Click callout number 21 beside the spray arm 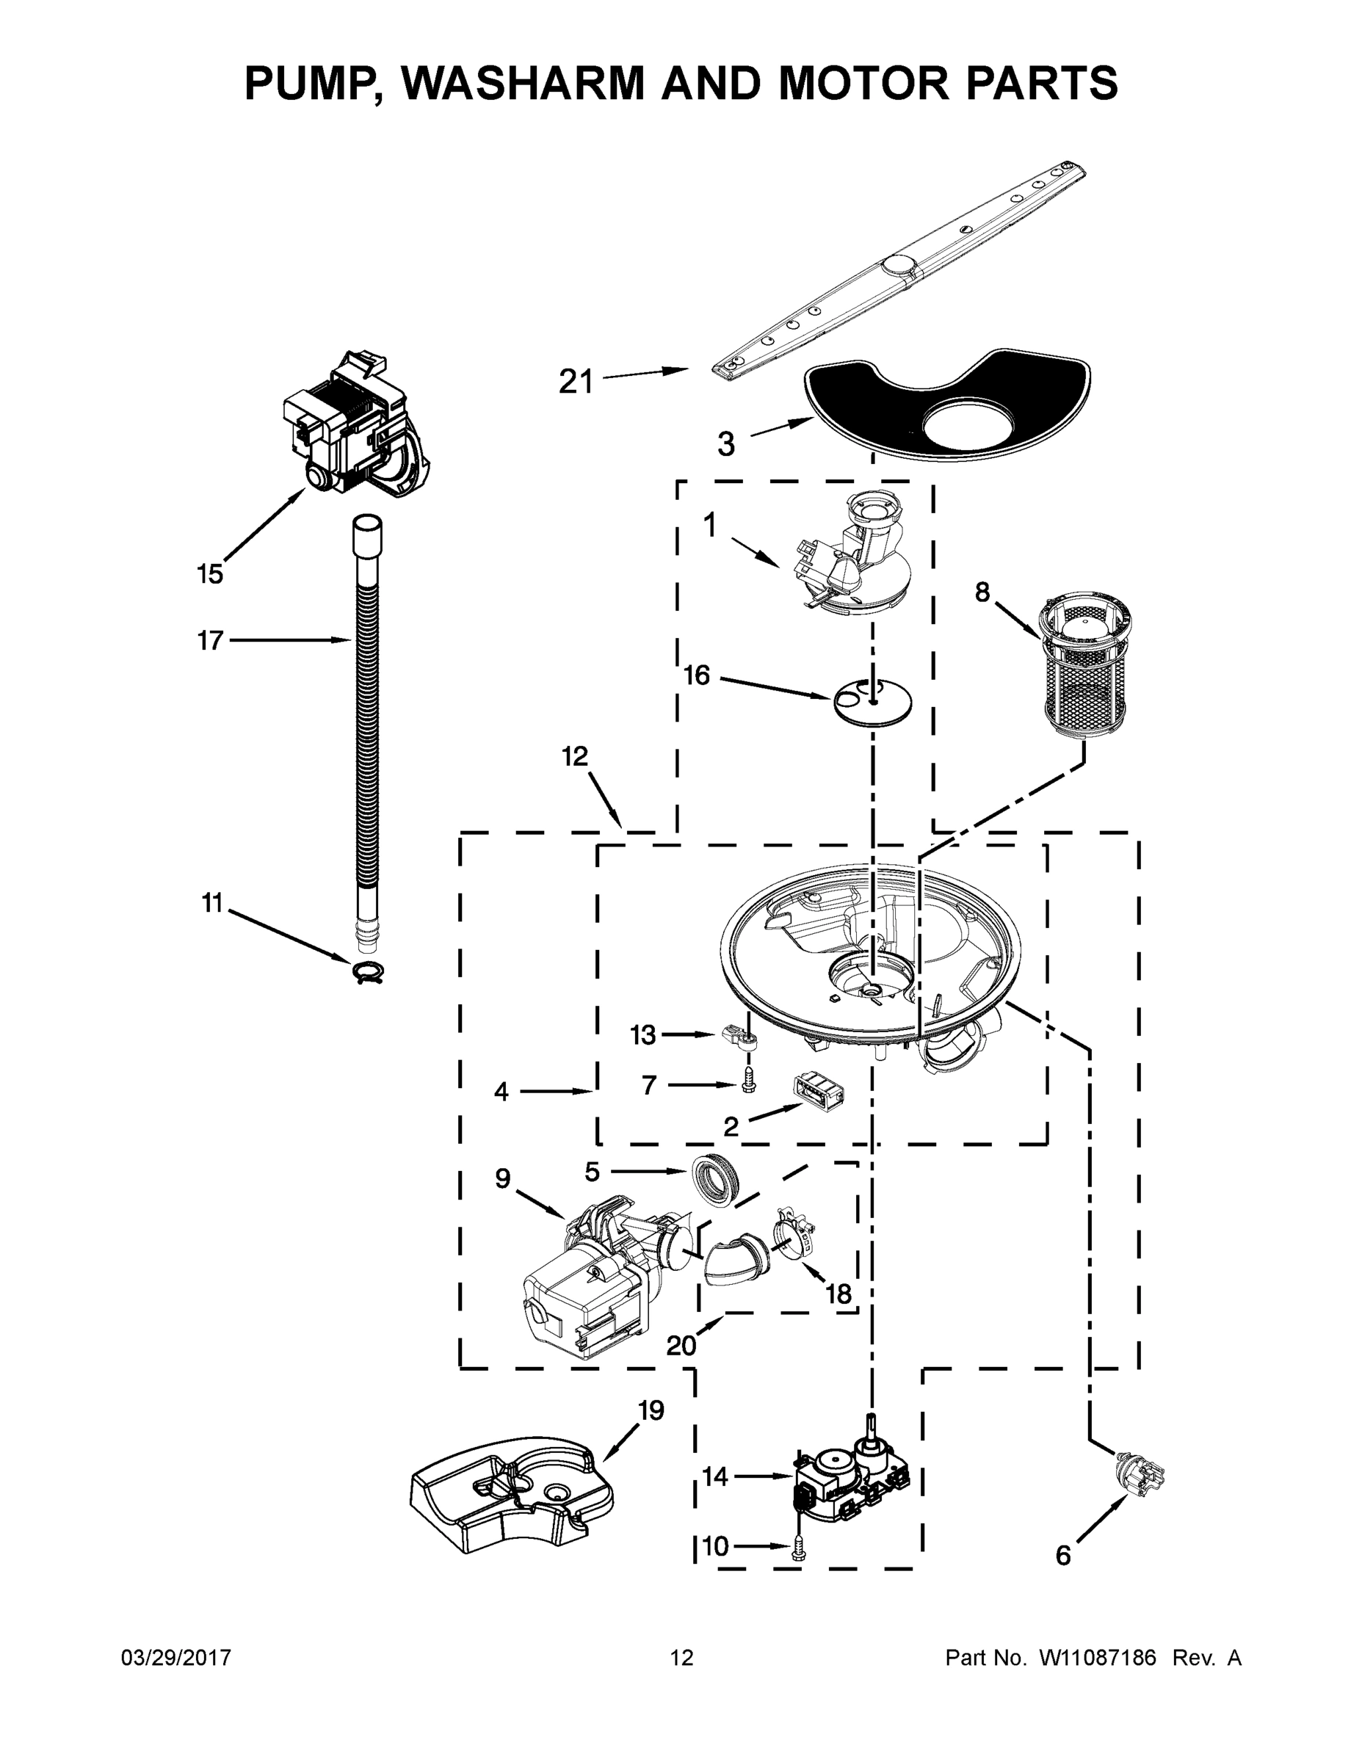(576, 381)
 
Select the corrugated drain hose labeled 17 (368, 726)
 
